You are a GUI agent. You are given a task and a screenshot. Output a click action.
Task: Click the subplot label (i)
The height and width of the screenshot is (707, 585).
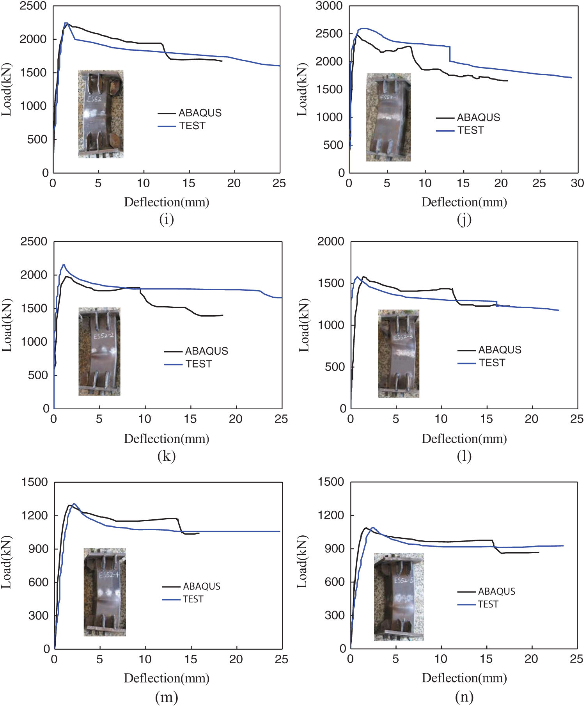(x=167, y=219)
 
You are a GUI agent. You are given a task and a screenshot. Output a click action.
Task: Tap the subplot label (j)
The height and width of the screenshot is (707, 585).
(x=464, y=219)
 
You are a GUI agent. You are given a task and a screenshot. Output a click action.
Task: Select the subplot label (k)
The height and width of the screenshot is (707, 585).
(x=167, y=456)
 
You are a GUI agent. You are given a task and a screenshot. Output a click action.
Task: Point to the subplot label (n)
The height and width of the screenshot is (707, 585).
(x=464, y=696)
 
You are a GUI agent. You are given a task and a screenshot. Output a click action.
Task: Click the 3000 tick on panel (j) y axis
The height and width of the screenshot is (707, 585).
(x=329, y=6)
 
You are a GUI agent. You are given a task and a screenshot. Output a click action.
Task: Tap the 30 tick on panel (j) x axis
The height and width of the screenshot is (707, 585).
(x=577, y=183)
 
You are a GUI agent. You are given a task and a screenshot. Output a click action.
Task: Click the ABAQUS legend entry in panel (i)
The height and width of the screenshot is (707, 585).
(x=190, y=113)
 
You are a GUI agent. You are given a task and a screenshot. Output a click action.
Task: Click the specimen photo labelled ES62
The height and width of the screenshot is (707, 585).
(x=101, y=114)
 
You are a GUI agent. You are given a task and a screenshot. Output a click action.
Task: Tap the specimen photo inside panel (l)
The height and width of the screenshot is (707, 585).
(x=399, y=353)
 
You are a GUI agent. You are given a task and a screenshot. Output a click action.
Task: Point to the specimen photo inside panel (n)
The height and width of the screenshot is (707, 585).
(x=399, y=597)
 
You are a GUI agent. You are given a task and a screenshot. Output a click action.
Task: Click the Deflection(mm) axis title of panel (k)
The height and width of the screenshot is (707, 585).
(x=167, y=439)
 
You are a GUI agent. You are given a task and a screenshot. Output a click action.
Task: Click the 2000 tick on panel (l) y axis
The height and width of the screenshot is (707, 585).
(x=331, y=242)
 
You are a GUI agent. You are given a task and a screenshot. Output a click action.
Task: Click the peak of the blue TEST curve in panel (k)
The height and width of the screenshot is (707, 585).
(x=64, y=265)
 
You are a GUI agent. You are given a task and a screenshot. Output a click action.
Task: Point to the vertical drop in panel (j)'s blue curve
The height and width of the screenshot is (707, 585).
(x=450, y=54)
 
